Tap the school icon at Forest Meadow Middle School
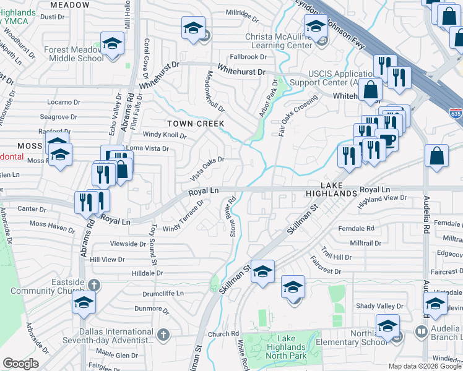[x=112, y=44]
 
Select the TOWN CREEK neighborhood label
[x=194, y=124]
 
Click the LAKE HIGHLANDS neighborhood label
[x=339, y=189]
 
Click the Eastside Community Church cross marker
[x=93, y=285]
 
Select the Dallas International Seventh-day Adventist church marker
[x=163, y=335]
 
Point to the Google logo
[x=20, y=364]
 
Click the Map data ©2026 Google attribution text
[x=425, y=366]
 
